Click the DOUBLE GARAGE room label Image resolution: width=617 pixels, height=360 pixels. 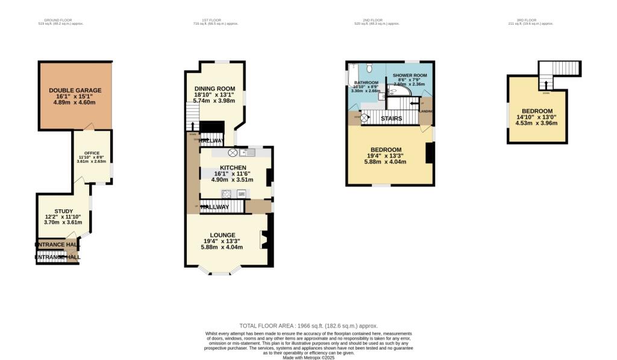[x=75, y=90]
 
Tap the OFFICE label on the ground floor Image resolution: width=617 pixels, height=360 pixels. [x=92, y=154]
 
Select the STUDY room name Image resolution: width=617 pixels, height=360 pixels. [x=63, y=211]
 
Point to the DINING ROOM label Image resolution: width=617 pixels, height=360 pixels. [x=214, y=89]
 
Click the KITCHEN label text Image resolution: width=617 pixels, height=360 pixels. [x=232, y=167]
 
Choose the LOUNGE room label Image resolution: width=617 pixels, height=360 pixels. [x=222, y=235]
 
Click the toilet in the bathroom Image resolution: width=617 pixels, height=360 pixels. [x=371, y=68]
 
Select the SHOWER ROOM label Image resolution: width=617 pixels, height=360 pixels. [x=410, y=75]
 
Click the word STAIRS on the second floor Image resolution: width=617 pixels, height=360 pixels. [x=392, y=119]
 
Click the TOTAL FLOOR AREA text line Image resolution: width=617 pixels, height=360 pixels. [x=308, y=326]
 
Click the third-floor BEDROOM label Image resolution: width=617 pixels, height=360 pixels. [x=537, y=111]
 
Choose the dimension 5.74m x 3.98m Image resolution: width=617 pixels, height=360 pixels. [x=214, y=101]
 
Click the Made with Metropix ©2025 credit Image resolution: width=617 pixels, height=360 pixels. [x=308, y=358]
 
